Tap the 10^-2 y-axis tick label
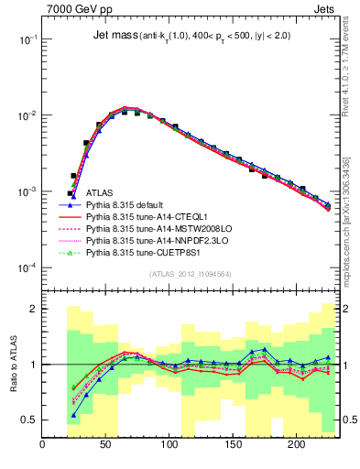click(x=27, y=116)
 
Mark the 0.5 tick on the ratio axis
click(x=30, y=420)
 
